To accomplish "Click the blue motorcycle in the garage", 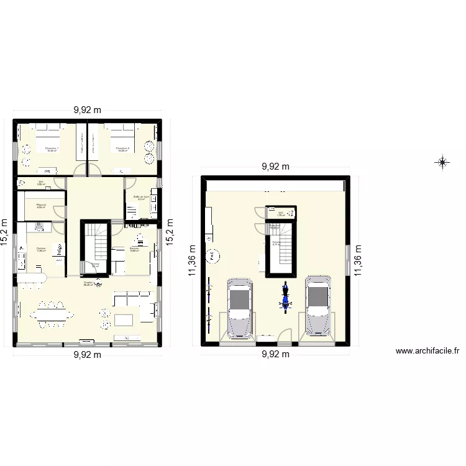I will (285, 297).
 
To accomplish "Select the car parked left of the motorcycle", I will (240, 308).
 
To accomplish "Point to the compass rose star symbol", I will (442, 163).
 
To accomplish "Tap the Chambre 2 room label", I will (122, 149).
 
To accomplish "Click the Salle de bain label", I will (142, 198).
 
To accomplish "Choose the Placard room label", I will (41, 206).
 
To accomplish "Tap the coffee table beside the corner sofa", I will (124, 320).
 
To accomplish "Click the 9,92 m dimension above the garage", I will (276, 167).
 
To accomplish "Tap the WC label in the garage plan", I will (281, 214).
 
